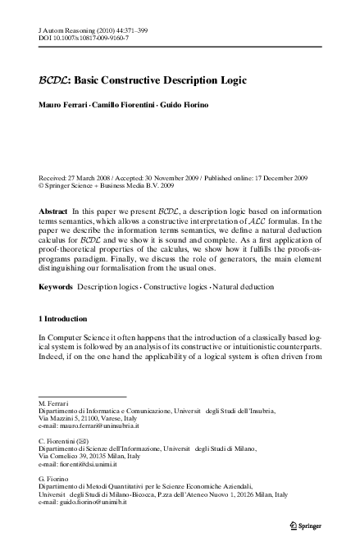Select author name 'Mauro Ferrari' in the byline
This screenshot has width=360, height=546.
(x=62, y=105)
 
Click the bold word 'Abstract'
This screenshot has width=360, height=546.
(x=53, y=212)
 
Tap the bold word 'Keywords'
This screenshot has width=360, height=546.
(x=56, y=288)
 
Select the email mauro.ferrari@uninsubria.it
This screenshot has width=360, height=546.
(x=89, y=426)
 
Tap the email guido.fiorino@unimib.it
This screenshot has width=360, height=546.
(x=86, y=503)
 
